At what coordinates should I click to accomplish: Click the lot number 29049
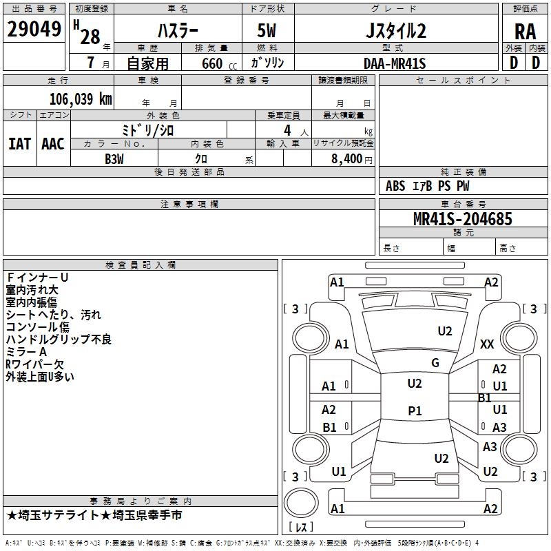click(34, 29)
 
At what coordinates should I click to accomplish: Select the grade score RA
click(525, 32)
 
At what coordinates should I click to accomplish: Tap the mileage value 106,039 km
click(81, 99)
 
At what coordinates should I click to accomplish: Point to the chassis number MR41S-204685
click(462, 219)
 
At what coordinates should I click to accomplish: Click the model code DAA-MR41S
click(395, 63)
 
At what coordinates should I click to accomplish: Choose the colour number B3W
click(114, 159)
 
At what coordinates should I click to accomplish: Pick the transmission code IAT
click(20, 144)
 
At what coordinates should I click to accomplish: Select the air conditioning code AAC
click(53, 144)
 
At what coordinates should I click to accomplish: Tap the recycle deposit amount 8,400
click(346, 159)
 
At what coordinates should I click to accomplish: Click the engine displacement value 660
click(212, 63)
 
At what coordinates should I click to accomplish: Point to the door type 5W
click(267, 30)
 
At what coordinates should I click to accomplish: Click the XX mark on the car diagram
click(487, 344)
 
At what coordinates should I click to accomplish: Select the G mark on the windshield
click(435, 363)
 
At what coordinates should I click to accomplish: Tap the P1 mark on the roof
click(415, 410)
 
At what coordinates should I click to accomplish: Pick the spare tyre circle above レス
click(301, 503)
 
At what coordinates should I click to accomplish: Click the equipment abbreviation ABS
click(395, 186)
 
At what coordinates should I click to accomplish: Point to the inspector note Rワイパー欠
click(34, 364)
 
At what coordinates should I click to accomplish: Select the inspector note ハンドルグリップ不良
click(59, 340)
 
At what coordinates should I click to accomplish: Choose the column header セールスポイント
click(463, 80)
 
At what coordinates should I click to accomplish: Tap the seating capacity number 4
click(287, 130)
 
